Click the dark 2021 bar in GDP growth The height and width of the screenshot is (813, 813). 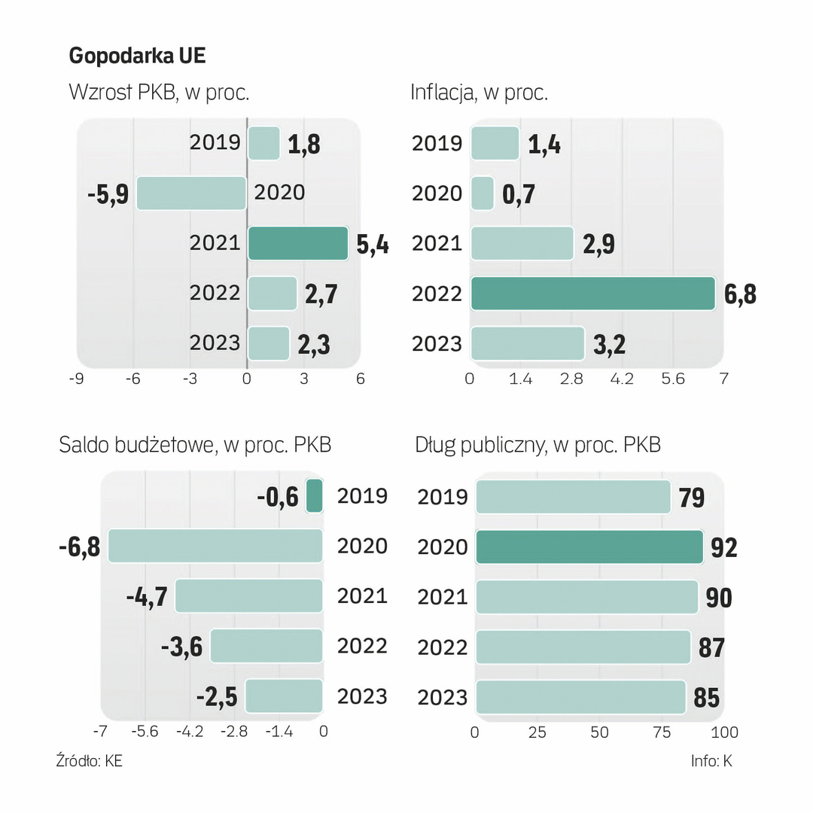tap(298, 243)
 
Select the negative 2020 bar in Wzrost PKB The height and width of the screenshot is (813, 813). tap(191, 193)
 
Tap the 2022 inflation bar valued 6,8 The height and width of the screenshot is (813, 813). tap(592, 293)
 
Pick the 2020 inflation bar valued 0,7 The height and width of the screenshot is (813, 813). tap(482, 193)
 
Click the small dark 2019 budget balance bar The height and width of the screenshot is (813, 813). tap(315, 496)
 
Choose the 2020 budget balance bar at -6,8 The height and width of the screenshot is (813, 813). tap(215, 546)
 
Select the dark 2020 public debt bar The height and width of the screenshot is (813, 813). tap(589, 547)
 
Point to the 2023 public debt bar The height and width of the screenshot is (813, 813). tap(580, 696)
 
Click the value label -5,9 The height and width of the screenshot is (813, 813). tap(107, 194)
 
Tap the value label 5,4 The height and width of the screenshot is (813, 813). tap(372, 244)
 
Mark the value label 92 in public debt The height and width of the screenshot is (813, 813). tap(724, 547)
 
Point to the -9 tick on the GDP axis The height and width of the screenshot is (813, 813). tap(76, 379)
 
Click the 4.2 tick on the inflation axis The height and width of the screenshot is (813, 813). tap(622, 379)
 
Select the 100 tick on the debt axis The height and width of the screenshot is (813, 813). tap(724, 732)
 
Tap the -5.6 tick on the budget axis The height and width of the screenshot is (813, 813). tap(145, 732)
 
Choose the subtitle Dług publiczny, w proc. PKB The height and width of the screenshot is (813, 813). tap(537, 445)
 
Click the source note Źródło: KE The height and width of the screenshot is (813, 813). tap(89, 761)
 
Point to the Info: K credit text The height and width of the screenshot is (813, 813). tap(711, 761)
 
